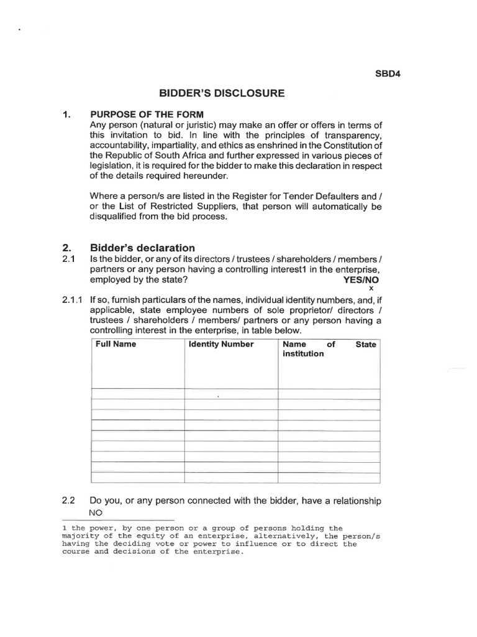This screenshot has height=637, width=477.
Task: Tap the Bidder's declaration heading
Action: [143, 247]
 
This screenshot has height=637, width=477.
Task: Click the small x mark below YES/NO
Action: [371, 289]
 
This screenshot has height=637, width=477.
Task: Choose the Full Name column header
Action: [116, 344]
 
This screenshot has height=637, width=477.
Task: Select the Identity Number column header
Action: [221, 344]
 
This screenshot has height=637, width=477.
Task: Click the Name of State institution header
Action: [329, 348]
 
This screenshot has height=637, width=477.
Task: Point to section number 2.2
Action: [68, 500]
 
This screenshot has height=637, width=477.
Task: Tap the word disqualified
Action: [119, 216]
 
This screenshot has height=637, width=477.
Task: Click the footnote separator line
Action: [118, 519]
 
